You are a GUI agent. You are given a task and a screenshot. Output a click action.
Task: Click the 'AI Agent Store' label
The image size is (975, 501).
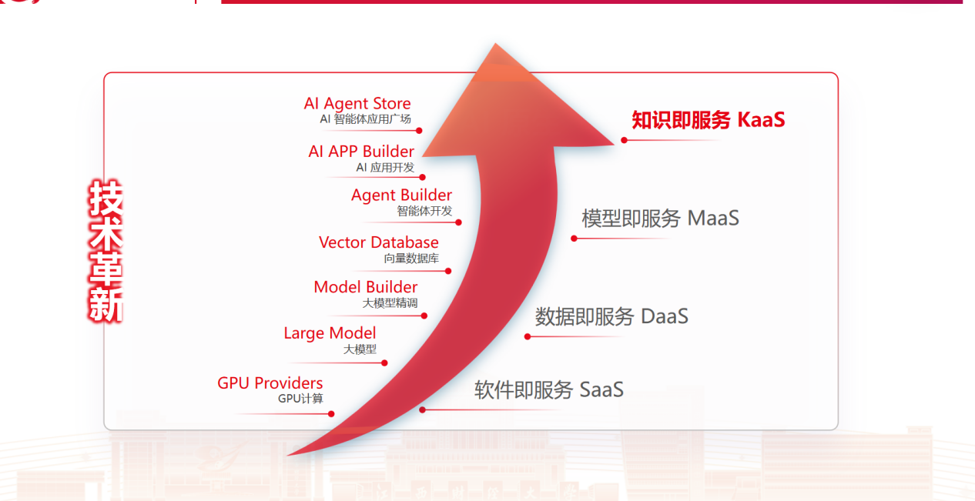pyautogui.click(x=357, y=103)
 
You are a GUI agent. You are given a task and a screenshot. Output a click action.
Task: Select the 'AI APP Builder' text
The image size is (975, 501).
pyautogui.click(x=361, y=152)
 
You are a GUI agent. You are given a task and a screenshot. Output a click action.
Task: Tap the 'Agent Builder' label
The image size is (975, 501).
pyautogui.click(x=401, y=195)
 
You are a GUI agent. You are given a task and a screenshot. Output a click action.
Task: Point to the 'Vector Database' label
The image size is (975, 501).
pyautogui.click(x=379, y=242)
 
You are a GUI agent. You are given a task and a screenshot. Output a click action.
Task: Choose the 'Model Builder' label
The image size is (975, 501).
pyautogui.click(x=366, y=287)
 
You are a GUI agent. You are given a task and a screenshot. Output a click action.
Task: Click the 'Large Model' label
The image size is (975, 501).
pyautogui.click(x=330, y=333)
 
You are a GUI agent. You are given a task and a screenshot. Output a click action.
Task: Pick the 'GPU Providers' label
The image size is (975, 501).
pyautogui.click(x=270, y=383)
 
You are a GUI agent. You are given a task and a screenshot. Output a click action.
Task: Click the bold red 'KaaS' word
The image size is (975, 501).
pyautogui.click(x=761, y=120)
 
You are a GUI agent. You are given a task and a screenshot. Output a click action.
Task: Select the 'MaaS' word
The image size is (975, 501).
pyautogui.click(x=713, y=219)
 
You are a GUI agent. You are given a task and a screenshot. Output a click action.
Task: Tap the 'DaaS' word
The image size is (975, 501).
pyautogui.click(x=665, y=316)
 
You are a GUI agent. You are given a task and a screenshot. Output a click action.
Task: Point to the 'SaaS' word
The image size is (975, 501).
pyautogui.click(x=601, y=389)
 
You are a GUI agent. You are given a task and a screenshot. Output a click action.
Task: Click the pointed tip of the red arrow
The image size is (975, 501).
pyautogui.click(x=495, y=44)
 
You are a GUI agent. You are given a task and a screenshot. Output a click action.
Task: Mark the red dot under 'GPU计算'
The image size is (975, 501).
pyautogui.click(x=331, y=414)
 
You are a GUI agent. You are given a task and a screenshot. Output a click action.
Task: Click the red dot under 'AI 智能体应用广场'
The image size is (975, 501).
pyautogui.click(x=419, y=131)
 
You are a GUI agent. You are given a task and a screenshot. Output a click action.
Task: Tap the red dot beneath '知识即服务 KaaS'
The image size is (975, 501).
pyautogui.click(x=624, y=140)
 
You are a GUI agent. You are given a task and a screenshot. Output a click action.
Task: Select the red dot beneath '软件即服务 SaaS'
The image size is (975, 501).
pyautogui.click(x=422, y=409)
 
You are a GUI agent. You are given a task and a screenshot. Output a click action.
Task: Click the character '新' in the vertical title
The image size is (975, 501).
pyautogui.click(x=106, y=305)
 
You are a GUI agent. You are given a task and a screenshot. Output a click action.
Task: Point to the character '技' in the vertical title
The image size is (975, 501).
pyautogui.click(x=106, y=198)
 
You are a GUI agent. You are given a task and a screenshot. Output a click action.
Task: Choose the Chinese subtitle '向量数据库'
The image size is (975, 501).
pyautogui.click(x=411, y=259)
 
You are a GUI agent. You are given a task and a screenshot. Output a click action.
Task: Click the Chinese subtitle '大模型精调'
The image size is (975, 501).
pyautogui.click(x=390, y=303)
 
